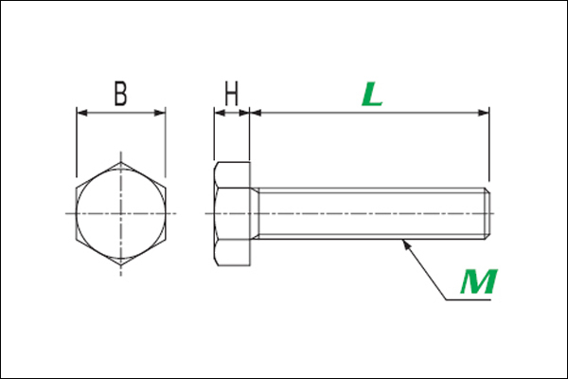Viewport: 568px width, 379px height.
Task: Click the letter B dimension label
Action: click(x=121, y=94)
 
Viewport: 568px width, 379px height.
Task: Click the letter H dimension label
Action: click(x=232, y=94)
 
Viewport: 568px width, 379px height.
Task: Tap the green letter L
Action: click(x=372, y=94)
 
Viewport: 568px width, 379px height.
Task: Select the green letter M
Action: click(x=479, y=281)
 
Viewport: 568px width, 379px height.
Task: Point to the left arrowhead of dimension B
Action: click(x=81, y=113)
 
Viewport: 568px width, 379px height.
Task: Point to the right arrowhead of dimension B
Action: click(x=160, y=113)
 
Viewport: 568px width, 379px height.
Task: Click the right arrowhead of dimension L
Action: click(x=484, y=113)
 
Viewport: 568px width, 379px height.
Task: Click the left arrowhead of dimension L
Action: click(x=256, y=113)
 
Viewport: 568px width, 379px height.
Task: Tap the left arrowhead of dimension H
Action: click(x=220, y=113)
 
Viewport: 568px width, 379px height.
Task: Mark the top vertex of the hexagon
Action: click(x=121, y=162)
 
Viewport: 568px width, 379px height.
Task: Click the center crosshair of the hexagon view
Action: click(x=121, y=213)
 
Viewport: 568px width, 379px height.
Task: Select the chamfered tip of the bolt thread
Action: click(x=488, y=213)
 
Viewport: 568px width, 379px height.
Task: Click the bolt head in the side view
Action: click(x=232, y=213)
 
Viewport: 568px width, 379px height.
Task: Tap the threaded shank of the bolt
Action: click(x=371, y=213)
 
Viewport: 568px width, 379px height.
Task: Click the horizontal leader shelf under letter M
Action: click(x=468, y=300)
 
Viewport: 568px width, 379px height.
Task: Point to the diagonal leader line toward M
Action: click(x=424, y=269)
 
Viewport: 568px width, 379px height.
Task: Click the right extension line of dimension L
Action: click(x=489, y=144)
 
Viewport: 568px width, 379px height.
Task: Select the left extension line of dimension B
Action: click(x=77, y=142)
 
